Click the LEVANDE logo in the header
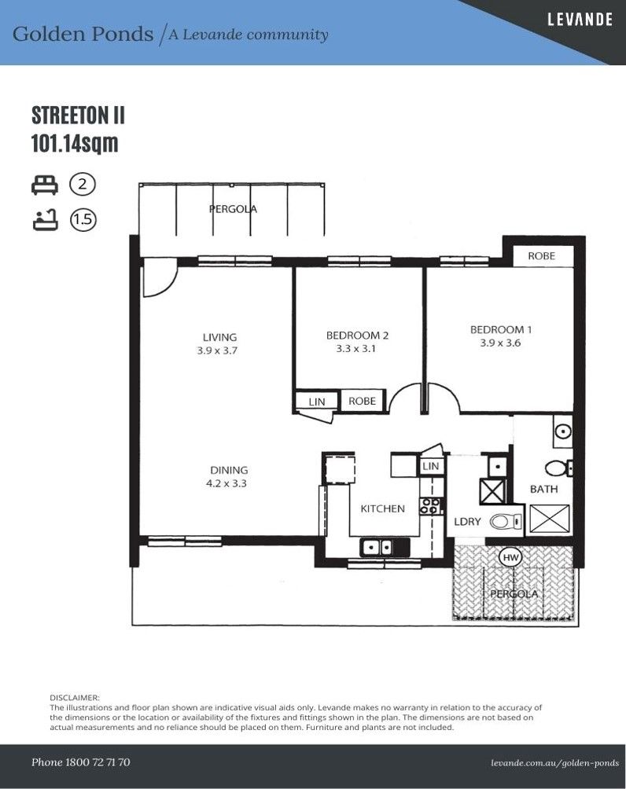(x=580, y=20)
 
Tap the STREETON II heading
(x=78, y=116)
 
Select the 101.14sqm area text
(x=75, y=143)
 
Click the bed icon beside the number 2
(x=45, y=185)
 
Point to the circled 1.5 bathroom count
(x=83, y=220)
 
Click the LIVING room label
(x=219, y=337)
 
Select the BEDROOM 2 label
(x=357, y=335)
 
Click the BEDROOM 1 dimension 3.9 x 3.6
(x=500, y=343)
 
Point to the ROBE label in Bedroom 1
(x=541, y=255)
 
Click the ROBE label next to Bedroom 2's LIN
(x=362, y=401)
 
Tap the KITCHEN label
(x=383, y=508)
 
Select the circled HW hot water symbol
(x=510, y=557)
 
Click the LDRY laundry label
(x=467, y=522)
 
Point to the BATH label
(x=544, y=489)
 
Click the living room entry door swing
(x=160, y=277)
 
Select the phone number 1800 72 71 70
(x=98, y=762)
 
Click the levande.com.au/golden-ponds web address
(x=555, y=763)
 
